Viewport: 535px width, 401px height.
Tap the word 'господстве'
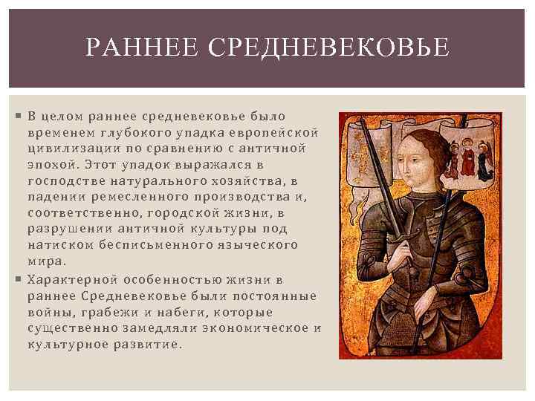coord(65,180)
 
